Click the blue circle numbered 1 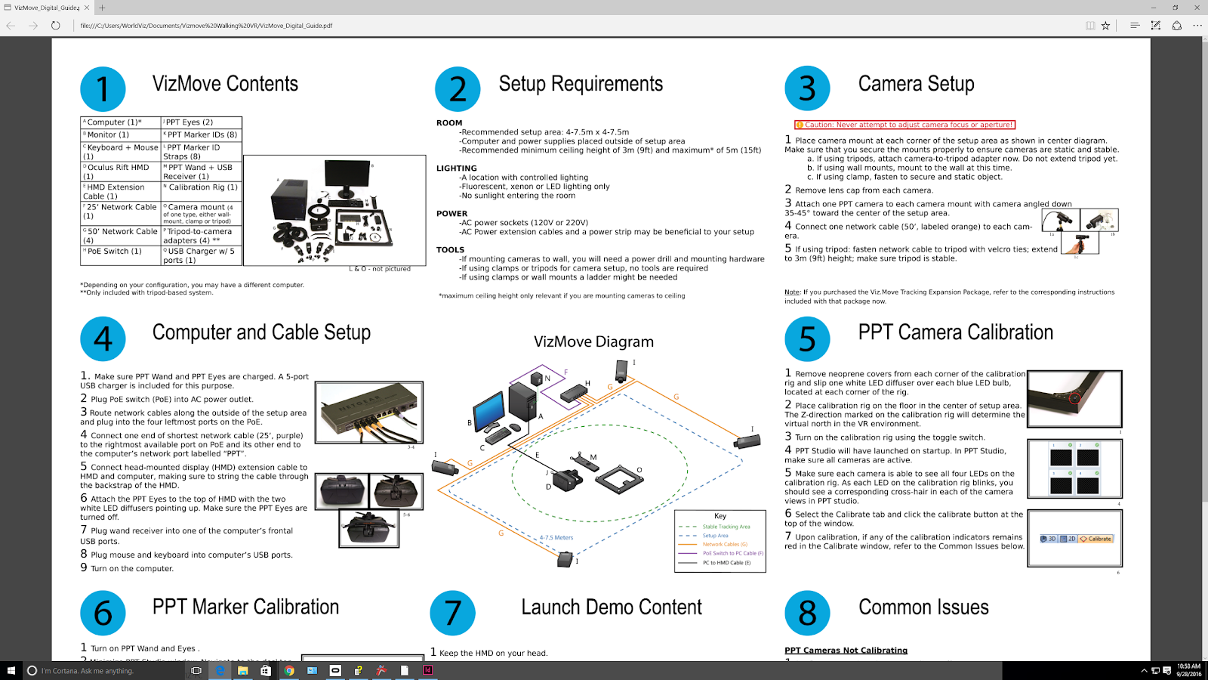click(x=103, y=89)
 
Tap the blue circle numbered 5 click(x=807, y=338)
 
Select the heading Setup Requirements click(x=581, y=84)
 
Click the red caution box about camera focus click(x=904, y=125)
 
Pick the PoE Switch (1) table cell click(x=120, y=252)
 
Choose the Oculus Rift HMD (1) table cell click(x=120, y=172)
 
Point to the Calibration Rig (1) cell click(x=202, y=187)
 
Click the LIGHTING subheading click(x=457, y=168)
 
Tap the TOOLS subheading click(x=450, y=250)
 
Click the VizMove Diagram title click(x=593, y=342)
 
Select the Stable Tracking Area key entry click(x=726, y=527)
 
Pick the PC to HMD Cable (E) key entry click(x=726, y=563)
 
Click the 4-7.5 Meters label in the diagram click(x=556, y=538)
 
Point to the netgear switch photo click(x=369, y=412)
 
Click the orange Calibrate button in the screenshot click(x=1096, y=539)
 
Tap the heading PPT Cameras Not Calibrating click(x=846, y=651)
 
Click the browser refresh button click(x=56, y=26)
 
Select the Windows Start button click(x=11, y=670)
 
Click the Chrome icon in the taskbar click(x=289, y=670)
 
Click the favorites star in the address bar click(x=1105, y=26)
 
